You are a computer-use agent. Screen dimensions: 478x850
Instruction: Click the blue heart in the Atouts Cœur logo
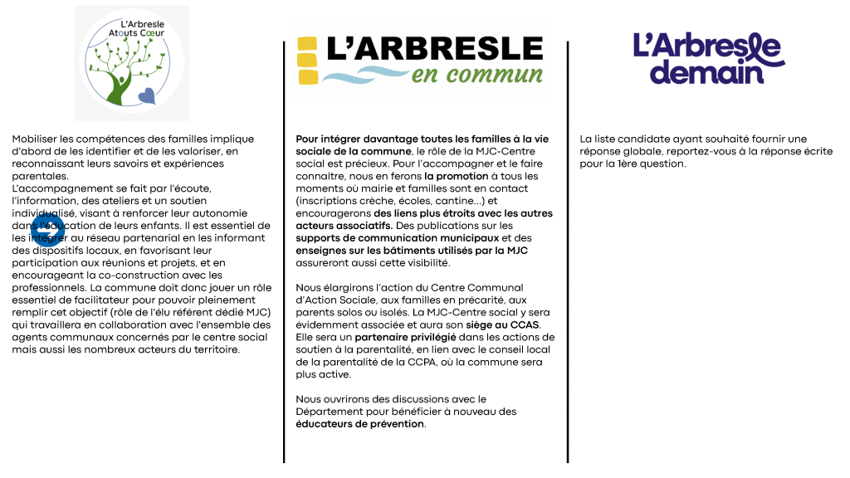click(x=147, y=96)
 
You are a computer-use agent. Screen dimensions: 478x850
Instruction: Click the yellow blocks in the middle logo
click(x=307, y=62)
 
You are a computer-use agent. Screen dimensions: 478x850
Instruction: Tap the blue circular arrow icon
click(x=47, y=231)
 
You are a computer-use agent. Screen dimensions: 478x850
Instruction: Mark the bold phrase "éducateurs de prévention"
click(x=360, y=424)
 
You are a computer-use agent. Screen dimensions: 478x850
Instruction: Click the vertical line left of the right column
click(x=568, y=249)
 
